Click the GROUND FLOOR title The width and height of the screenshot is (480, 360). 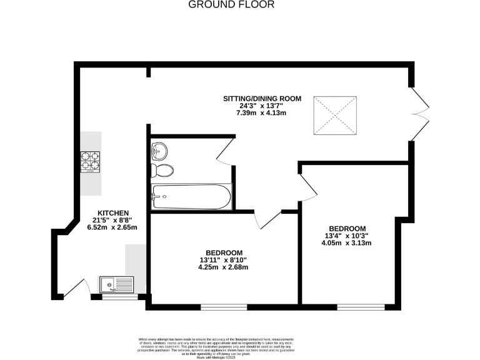pyautogui.click(x=231, y=4)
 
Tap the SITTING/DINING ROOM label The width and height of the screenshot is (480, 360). pyautogui.click(x=262, y=98)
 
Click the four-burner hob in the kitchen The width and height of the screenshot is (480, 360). pyautogui.click(x=91, y=163)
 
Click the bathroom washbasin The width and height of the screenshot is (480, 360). pyautogui.click(x=158, y=150)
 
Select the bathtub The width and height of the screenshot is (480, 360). pyautogui.click(x=191, y=197)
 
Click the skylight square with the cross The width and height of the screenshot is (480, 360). pyautogui.click(x=335, y=115)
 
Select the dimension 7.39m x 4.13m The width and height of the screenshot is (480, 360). pyautogui.click(x=261, y=113)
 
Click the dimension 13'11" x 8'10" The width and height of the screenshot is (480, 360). pyautogui.click(x=223, y=260)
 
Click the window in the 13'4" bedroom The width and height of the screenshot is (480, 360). pyautogui.click(x=360, y=306)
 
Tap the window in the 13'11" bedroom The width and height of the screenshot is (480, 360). pyautogui.click(x=223, y=307)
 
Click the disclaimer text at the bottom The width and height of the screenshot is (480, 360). pyautogui.click(x=240, y=346)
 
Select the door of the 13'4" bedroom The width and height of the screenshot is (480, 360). pyautogui.click(x=309, y=187)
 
